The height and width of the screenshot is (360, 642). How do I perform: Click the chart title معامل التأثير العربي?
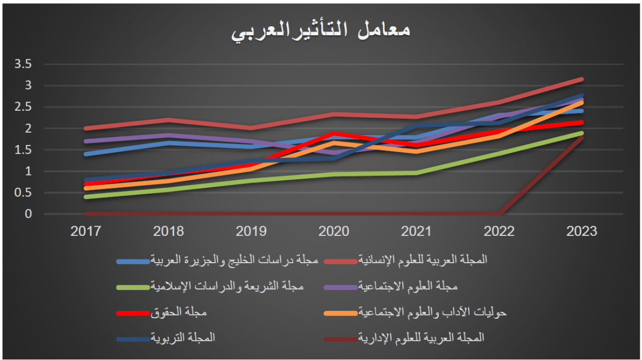tap(321, 30)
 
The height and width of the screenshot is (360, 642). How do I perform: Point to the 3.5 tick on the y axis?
tap(24, 64)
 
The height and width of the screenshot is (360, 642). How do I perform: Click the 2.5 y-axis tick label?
tap(24, 107)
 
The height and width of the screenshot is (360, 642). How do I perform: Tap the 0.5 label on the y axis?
tap(24, 193)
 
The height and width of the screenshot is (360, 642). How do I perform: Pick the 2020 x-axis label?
tap(334, 231)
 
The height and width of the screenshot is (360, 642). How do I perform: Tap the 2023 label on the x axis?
tap(581, 231)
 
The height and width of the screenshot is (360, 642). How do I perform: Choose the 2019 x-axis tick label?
tap(251, 231)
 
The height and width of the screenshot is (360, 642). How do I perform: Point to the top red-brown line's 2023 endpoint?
tap(581, 79)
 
